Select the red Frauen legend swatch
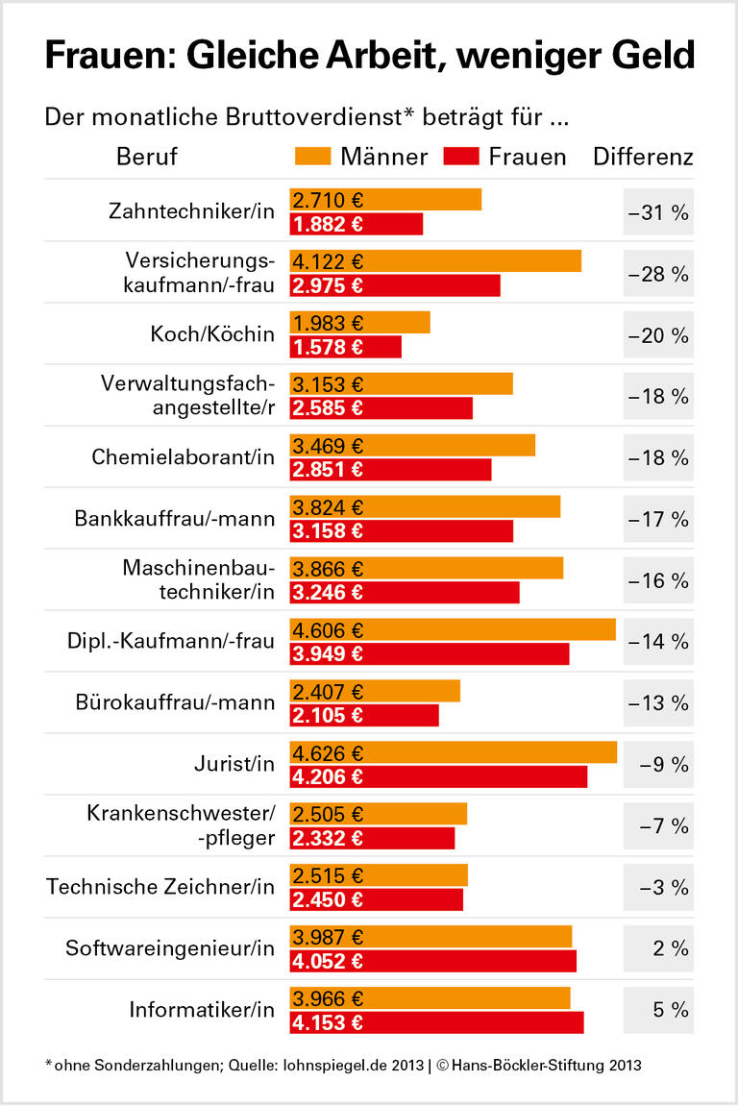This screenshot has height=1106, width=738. point(461,156)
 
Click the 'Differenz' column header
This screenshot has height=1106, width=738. point(643,156)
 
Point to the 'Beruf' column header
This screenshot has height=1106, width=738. point(147,156)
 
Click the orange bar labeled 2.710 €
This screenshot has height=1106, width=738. point(385,200)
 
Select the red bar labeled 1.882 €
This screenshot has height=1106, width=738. point(357,224)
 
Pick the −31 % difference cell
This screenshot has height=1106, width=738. point(658,212)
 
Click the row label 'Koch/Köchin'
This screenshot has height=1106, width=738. point(212,334)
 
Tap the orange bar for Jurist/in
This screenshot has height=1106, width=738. point(453,752)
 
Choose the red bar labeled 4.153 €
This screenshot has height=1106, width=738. point(436,1022)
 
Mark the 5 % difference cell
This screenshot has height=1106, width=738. point(658,1010)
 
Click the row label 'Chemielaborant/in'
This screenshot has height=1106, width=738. point(184,457)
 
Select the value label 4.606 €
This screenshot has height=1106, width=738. point(329,630)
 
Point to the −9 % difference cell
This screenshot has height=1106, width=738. point(658,765)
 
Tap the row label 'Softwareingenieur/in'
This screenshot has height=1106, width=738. point(170,948)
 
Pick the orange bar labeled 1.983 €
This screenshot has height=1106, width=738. point(360,323)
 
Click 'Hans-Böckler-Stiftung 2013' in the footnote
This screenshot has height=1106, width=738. point(547,1065)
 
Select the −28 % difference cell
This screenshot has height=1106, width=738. point(658,274)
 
